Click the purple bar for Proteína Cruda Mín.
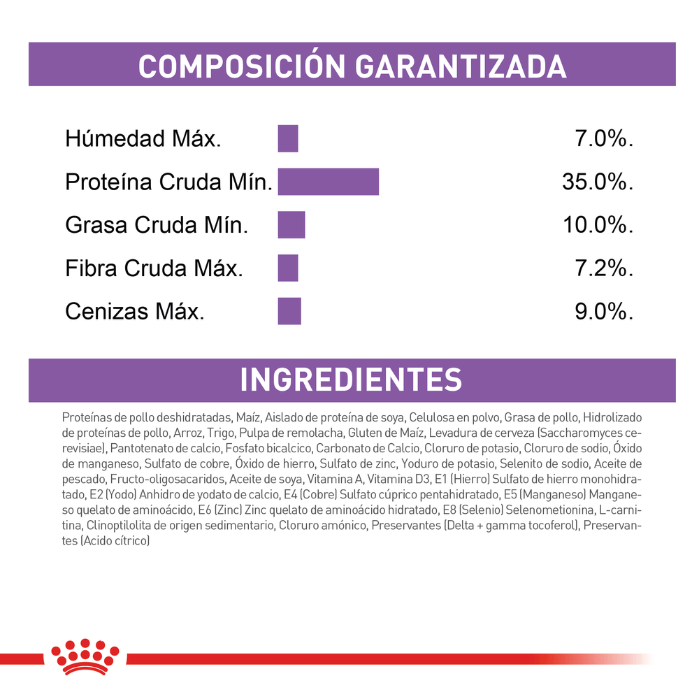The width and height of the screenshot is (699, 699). tap(328, 182)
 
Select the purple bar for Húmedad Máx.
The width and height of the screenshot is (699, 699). tap(288, 138)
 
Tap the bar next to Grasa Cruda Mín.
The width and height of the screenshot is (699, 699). tap(291, 225)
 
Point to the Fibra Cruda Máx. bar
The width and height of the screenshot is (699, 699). tap(288, 268)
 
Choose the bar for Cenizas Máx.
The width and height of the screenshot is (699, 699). tap(289, 311)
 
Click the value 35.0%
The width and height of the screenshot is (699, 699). tap(598, 182)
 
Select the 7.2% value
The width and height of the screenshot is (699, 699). tap(604, 268)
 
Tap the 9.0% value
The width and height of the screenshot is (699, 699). tap(604, 312)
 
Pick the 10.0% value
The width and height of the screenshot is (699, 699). tap(598, 225)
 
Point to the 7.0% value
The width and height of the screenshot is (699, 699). tap(604, 139)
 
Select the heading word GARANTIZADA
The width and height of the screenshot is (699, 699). tap(461, 65)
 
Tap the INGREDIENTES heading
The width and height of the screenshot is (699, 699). tap(351, 379)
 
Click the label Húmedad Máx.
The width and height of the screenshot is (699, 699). tap(143, 139)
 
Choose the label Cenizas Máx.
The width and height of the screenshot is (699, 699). tap(135, 312)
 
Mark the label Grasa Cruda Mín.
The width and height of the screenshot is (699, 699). tap(157, 225)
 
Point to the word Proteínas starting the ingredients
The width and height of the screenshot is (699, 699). tap(85, 417)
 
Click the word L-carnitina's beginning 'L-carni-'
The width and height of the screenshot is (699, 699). tap(621, 510)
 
